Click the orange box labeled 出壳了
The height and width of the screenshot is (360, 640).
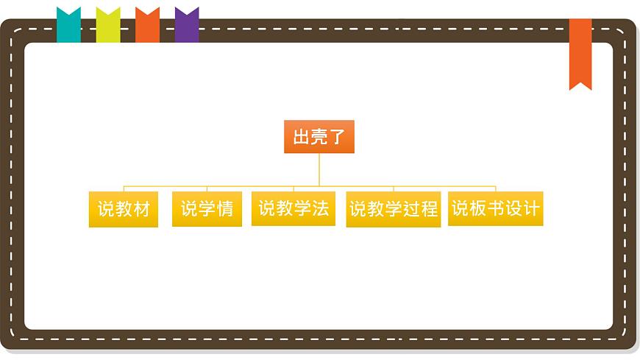(319, 137)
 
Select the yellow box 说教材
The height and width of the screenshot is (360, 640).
(124, 209)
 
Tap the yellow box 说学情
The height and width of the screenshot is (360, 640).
(207, 209)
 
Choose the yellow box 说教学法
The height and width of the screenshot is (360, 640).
(294, 208)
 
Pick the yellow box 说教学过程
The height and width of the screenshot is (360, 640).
(394, 209)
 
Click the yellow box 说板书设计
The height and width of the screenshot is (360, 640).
(496, 208)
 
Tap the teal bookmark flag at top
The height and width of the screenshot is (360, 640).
(68, 25)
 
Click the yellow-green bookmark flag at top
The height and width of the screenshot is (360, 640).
(108, 25)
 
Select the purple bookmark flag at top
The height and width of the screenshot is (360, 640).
(187, 25)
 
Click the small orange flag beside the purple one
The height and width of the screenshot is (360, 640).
(147, 25)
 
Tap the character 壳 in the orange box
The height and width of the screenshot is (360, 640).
(319, 137)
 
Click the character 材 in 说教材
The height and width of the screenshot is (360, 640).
(142, 209)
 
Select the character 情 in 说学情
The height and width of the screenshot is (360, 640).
(224, 209)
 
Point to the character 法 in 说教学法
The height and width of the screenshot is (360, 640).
(320, 208)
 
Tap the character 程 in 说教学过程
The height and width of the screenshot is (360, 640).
(429, 209)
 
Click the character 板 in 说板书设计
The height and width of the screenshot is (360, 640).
(478, 208)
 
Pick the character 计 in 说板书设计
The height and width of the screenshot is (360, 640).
(531, 208)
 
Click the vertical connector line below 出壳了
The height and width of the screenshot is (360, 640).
(319, 169)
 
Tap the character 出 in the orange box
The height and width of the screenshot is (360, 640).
(302, 137)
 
